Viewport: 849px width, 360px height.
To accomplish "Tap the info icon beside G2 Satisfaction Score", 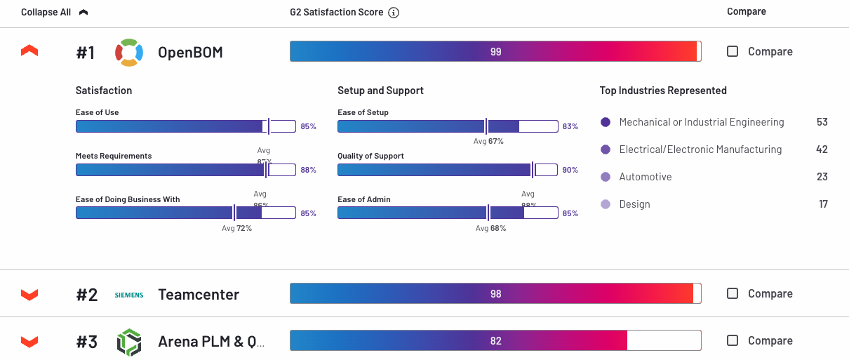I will click(x=394, y=13).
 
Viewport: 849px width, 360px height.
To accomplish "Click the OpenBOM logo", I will click(x=129, y=52).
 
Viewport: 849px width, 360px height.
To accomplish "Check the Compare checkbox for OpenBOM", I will click(x=733, y=51).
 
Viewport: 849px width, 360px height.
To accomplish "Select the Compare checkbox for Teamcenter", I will click(x=733, y=293).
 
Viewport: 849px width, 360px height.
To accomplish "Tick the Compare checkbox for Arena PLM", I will click(x=733, y=340).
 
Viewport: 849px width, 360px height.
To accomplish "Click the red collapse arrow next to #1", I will click(x=29, y=51).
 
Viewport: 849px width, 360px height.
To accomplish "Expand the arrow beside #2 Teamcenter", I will click(x=29, y=294).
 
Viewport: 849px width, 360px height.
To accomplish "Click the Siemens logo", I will click(x=129, y=295).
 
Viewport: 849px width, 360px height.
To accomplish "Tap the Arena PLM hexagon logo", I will click(x=129, y=342).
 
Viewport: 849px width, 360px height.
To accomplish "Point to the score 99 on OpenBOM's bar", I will click(x=496, y=52).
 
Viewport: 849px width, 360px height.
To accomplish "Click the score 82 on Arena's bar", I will click(x=496, y=340).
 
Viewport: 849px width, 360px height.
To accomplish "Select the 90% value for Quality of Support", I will click(x=570, y=170).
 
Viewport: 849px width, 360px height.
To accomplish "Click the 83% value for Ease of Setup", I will click(x=570, y=126).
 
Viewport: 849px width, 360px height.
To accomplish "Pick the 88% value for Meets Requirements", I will click(x=309, y=170).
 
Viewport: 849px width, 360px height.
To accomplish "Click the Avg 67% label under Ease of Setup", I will click(x=488, y=141).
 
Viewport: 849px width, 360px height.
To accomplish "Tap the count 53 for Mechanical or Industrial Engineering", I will click(x=822, y=122).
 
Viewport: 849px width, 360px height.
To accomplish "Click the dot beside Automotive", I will click(x=606, y=177).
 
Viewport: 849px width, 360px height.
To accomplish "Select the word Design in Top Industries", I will click(x=634, y=204).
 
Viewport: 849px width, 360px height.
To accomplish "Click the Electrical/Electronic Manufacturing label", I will click(x=700, y=149).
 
